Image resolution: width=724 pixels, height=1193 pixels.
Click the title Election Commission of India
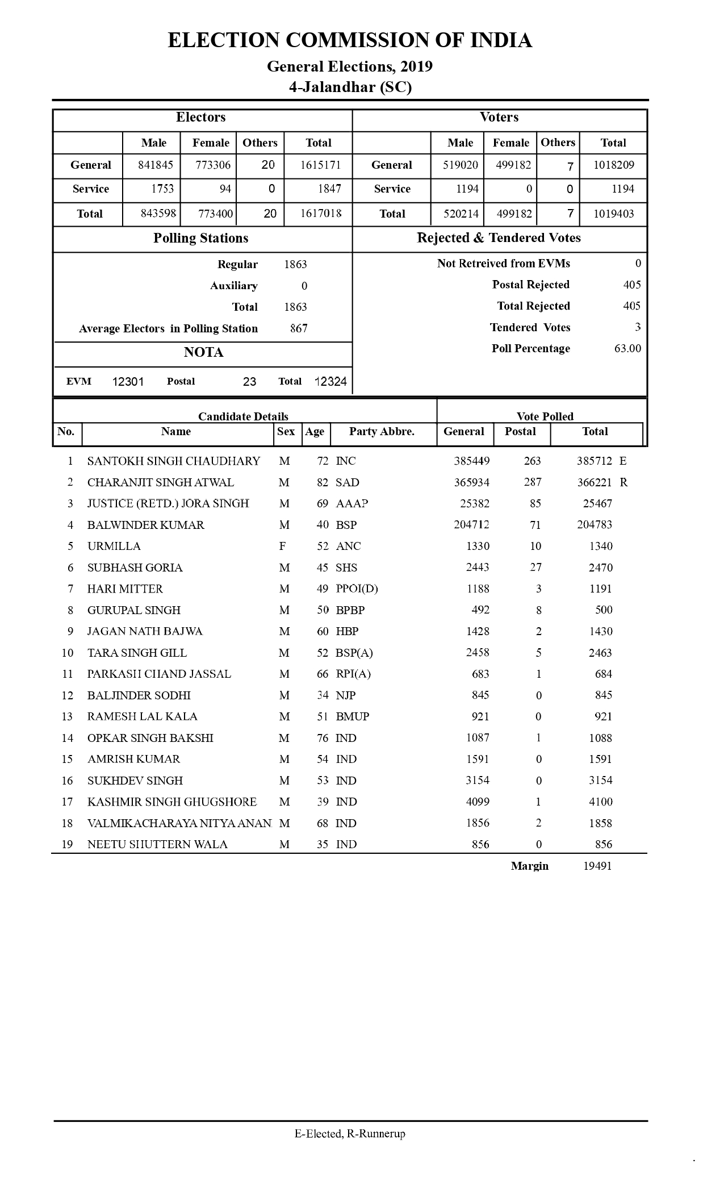click(350, 40)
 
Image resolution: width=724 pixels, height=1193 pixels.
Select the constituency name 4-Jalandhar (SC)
click(350, 87)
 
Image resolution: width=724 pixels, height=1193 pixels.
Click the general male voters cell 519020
click(460, 165)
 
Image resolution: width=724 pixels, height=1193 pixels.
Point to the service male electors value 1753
click(162, 189)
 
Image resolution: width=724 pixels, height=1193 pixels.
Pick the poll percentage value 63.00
click(627, 348)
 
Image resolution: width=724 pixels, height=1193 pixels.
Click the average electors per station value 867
click(299, 328)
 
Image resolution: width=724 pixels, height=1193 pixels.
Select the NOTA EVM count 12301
click(128, 382)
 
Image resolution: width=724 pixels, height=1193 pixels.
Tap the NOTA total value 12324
click(330, 382)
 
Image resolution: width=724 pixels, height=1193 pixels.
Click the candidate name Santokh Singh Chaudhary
click(174, 461)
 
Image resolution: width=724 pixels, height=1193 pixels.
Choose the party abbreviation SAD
click(348, 482)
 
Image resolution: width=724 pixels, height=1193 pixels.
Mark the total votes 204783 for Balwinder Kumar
click(595, 525)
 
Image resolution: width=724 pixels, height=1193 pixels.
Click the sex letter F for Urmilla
click(282, 547)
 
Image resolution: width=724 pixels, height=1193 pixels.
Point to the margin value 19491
click(597, 866)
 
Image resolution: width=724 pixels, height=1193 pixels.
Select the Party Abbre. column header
click(382, 432)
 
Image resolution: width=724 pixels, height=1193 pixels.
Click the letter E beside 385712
click(623, 461)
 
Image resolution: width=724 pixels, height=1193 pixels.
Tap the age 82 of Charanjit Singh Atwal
click(323, 482)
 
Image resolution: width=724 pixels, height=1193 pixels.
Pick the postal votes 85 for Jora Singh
click(535, 503)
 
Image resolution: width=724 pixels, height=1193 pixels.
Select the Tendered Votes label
click(530, 328)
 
